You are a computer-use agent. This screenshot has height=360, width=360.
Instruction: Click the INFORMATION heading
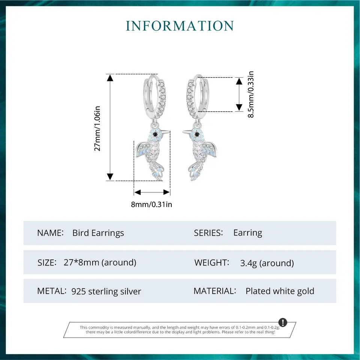(x=180, y=26)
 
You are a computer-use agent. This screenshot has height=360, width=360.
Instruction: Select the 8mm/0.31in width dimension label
(x=152, y=204)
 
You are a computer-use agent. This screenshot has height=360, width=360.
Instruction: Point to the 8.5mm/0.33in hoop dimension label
(x=251, y=94)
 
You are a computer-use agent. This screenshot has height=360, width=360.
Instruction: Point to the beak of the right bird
(x=186, y=132)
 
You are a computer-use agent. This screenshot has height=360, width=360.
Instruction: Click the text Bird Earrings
(x=98, y=233)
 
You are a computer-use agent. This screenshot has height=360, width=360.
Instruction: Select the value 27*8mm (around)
(x=100, y=262)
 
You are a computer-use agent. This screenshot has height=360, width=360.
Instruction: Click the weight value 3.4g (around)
(x=267, y=263)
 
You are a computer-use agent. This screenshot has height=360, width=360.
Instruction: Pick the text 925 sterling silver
(x=106, y=291)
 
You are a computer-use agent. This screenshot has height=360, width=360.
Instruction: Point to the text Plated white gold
(x=280, y=291)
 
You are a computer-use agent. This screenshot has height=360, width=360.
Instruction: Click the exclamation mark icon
(x=283, y=322)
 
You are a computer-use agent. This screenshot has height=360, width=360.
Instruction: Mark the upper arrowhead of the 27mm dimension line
(x=110, y=78)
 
